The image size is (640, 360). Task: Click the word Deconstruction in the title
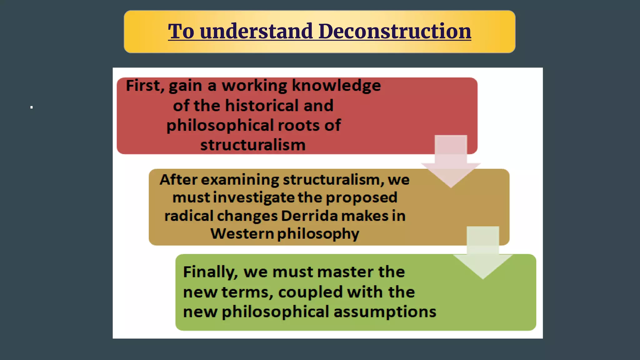pyautogui.click(x=394, y=32)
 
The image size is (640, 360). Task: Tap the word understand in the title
pyautogui.click(x=256, y=32)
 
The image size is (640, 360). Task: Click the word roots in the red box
pyautogui.click(x=298, y=125)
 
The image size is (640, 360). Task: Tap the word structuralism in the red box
pyautogui.click(x=253, y=145)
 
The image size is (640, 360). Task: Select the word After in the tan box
pyautogui.click(x=178, y=180)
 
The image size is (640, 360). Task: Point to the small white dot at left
pyautogui.click(x=32, y=107)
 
